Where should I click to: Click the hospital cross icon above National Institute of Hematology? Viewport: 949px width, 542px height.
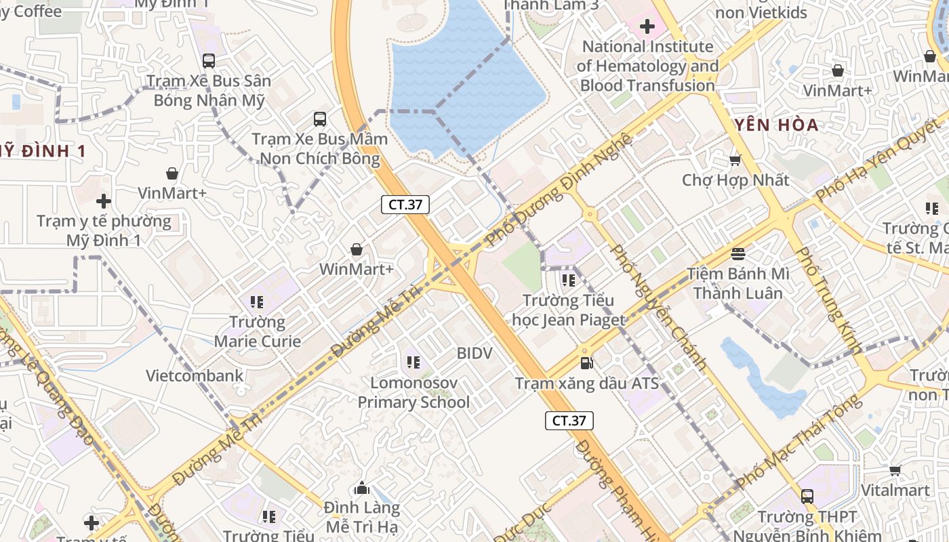point(647,26)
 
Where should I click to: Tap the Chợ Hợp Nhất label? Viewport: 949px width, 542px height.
point(735,180)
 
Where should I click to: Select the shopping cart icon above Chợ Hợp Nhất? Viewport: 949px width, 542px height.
point(735,161)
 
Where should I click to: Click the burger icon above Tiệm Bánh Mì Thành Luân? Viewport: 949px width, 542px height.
point(738,254)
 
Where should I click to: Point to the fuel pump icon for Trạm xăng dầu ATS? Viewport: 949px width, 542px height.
point(587,363)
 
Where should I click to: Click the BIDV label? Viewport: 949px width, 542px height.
point(474,353)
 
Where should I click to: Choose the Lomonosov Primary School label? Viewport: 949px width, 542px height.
point(413,392)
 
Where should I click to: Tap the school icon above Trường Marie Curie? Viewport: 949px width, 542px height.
point(257,301)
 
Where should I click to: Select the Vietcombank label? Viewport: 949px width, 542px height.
point(195,375)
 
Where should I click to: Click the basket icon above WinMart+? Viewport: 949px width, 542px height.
point(357,249)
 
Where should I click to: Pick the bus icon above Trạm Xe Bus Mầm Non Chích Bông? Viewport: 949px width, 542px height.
point(320,119)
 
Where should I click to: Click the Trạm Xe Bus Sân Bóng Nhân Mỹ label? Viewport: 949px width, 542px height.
point(209,90)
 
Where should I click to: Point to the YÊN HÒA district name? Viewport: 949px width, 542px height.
point(776,125)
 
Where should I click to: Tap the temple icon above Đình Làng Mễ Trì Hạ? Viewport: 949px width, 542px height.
point(362,488)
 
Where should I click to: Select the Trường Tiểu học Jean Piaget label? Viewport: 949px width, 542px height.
point(569,310)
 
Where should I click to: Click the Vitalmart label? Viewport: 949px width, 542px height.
point(895,490)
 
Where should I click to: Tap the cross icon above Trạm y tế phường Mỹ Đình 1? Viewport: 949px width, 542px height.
point(104,201)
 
